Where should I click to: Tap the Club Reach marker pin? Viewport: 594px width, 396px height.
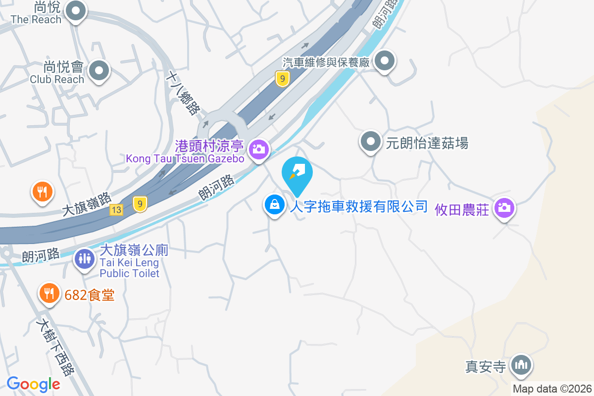[99, 70]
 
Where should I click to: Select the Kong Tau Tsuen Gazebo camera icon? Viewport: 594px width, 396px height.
[258, 148]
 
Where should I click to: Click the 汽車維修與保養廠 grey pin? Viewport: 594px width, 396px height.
[384, 62]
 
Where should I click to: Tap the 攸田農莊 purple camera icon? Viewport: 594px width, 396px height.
[504, 207]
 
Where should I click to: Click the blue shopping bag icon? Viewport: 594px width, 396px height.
[274, 204]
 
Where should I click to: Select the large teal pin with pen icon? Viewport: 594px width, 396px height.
[297, 174]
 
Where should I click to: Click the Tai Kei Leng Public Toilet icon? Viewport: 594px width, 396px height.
[85, 258]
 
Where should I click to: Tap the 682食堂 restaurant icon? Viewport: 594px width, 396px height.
[49, 294]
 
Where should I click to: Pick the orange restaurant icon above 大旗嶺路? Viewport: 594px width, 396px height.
[42, 191]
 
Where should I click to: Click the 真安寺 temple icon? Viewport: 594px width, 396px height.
[520, 365]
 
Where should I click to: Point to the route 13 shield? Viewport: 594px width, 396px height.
[116, 210]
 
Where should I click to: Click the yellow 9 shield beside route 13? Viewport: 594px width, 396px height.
[141, 203]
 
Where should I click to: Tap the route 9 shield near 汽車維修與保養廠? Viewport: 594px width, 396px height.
[282, 78]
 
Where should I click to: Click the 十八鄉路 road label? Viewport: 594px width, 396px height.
[183, 93]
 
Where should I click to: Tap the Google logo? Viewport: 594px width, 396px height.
[33, 384]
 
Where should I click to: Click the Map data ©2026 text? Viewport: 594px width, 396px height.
[552, 389]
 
